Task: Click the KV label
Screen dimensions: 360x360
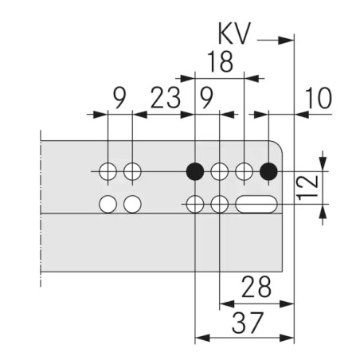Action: point(234,33)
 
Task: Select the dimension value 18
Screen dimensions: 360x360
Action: point(221,62)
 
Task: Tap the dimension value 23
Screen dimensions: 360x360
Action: point(166,98)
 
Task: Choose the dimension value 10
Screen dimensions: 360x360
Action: point(319,98)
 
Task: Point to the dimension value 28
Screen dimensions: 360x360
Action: point(256,287)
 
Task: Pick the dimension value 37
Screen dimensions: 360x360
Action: point(248,323)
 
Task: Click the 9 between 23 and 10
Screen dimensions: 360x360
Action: point(206,98)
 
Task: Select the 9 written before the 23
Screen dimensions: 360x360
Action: point(119,98)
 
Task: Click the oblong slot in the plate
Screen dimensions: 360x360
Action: point(256,204)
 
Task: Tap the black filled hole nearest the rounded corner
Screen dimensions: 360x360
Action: point(268,171)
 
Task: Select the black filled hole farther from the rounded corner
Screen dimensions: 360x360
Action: point(195,171)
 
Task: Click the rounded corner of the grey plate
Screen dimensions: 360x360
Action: point(278,145)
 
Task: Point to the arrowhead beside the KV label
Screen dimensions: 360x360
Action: point(286,41)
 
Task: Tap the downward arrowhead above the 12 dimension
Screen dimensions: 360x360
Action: point(323,162)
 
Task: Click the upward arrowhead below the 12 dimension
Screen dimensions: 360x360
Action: point(323,213)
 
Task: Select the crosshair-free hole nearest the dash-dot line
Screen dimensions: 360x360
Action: point(108,204)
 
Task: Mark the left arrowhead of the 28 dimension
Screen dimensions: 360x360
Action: point(227,303)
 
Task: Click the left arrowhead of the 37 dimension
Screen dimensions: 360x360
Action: point(202,338)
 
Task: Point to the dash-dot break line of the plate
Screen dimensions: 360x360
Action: point(41,209)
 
